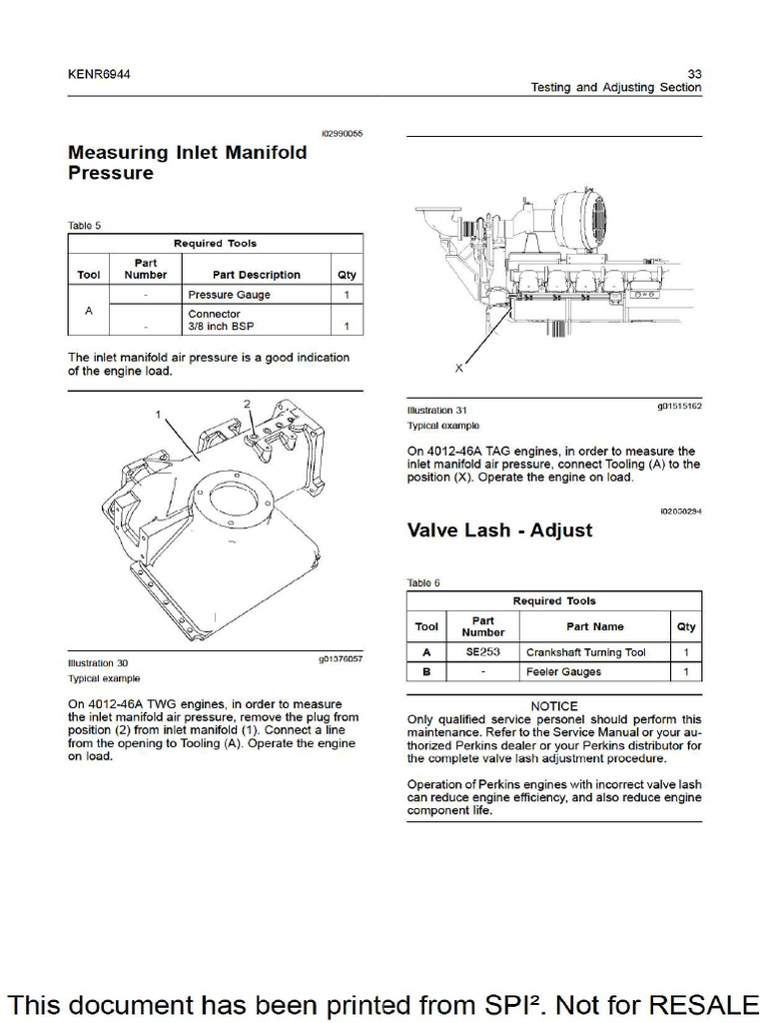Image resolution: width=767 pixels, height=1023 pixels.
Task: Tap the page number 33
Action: pos(695,74)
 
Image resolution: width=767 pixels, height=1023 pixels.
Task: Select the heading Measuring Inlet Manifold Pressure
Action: pos(186,163)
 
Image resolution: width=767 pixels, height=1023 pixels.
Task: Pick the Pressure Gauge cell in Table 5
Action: pos(229,295)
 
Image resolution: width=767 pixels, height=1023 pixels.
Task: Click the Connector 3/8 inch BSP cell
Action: pos(215,320)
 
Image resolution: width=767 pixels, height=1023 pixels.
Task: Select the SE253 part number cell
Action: pos(482,652)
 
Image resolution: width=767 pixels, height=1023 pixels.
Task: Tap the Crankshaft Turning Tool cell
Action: pos(585,652)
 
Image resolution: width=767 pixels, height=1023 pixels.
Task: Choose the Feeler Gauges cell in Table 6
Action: pos(563,672)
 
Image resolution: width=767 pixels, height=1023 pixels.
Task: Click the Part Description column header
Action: pos(256,275)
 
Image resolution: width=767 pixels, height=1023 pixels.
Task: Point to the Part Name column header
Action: pos(594,626)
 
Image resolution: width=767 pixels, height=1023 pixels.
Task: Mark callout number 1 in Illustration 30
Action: pos(157,413)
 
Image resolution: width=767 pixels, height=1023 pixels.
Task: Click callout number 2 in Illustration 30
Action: pos(247,404)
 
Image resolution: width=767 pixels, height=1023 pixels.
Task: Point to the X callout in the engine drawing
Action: pos(459,369)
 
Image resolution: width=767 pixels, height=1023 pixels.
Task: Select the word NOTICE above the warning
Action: pos(554,706)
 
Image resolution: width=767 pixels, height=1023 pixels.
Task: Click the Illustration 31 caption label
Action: pos(436,411)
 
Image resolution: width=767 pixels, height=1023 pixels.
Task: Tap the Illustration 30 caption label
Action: pos(97,662)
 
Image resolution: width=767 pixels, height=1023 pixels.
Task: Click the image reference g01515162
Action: pos(678,407)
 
